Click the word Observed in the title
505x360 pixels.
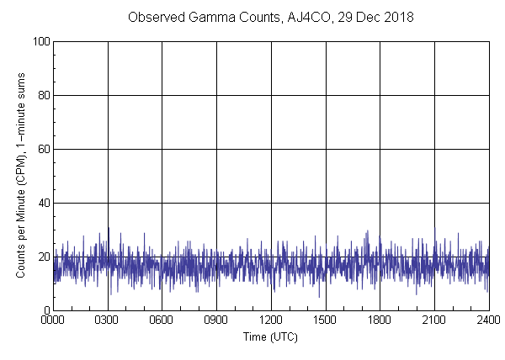click(154, 17)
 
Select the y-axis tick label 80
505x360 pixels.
click(42, 95)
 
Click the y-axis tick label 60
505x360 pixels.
click(42, 149)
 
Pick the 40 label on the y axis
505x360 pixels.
click(42, 203)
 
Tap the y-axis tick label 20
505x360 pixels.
click(42, 257)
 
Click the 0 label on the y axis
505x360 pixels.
click(45, 310)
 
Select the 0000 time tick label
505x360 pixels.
click(53, 320)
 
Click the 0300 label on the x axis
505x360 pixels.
click(108, 320)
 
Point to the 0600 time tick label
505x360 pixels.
click(162, 320)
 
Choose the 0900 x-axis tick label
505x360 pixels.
click(216, 320)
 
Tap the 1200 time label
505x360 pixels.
click(271, 320)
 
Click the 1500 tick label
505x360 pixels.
click(326, 320)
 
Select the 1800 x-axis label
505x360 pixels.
click(380, 320)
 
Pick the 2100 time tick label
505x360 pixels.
click(434, 320)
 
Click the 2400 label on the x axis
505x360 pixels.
click(488, 320)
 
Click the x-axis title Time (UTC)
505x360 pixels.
click(270, 336)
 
